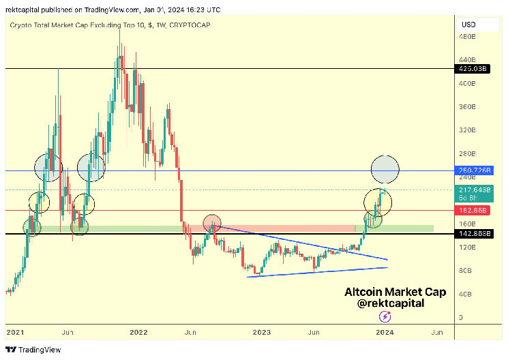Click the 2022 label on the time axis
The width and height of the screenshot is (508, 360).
(x=138, y=332)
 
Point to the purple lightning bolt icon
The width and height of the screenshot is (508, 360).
(x=385, y=316)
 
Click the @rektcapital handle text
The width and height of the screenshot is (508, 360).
(x=391, y=303)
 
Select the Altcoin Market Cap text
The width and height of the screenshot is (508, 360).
(x=395, y=292)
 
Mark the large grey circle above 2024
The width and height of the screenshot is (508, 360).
(x=385, y=169)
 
